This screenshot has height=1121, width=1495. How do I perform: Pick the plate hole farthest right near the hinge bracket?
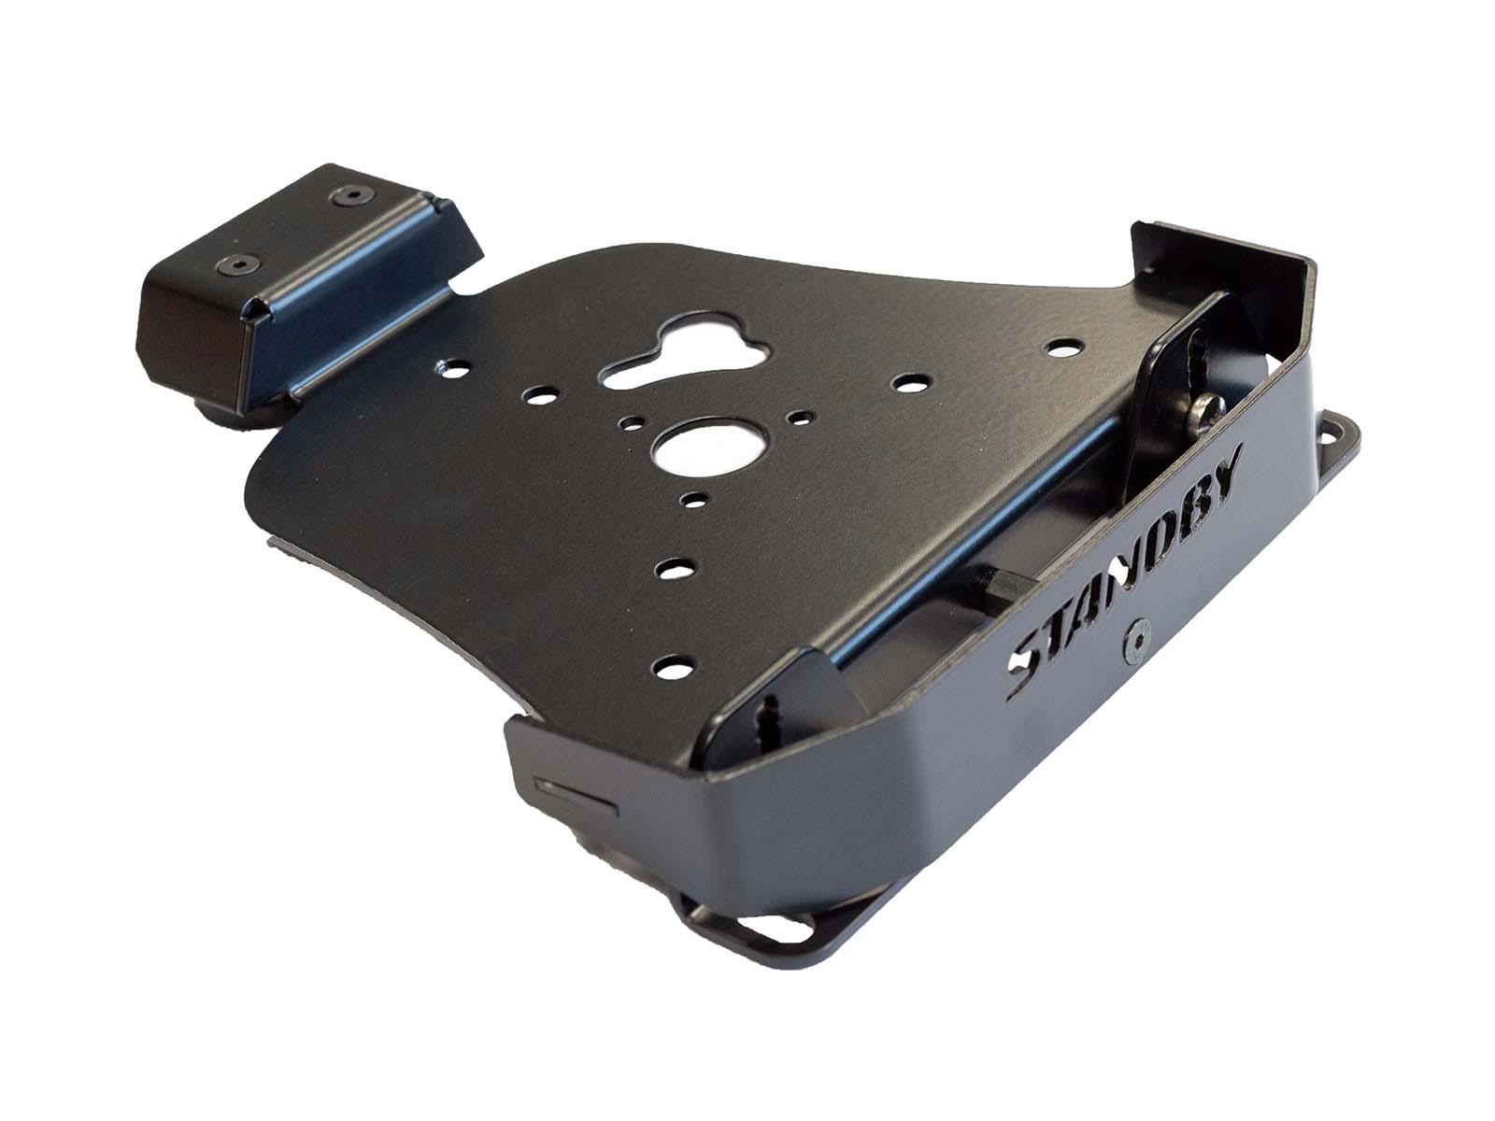[1060, 348]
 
